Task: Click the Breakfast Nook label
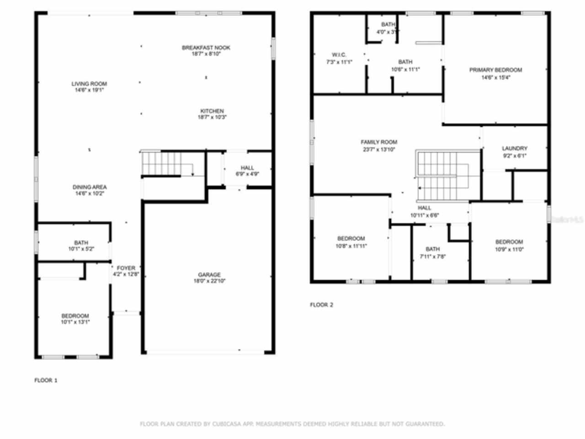[x=206, y=48]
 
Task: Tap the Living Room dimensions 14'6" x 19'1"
[x=89, y=90]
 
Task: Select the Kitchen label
[x=212, y=111]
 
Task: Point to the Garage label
[x=209, y=275]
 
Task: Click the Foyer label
[x=126, y=268]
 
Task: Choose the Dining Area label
[x=90, y=187]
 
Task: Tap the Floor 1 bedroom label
[x=75, y=316]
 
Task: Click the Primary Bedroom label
[x=495, y=70]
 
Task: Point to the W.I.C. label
[x=333, y=55]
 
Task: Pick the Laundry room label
[x=514, y=149]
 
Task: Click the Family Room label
[x=379, y=142]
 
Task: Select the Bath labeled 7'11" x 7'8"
[x=432, y=249]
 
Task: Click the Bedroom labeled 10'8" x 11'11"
[x=351, y=239]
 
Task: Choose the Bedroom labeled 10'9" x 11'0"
[x=509, y=242]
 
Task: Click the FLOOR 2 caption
[x=322, y=305]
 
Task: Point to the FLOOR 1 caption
[x=46, y=380]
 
